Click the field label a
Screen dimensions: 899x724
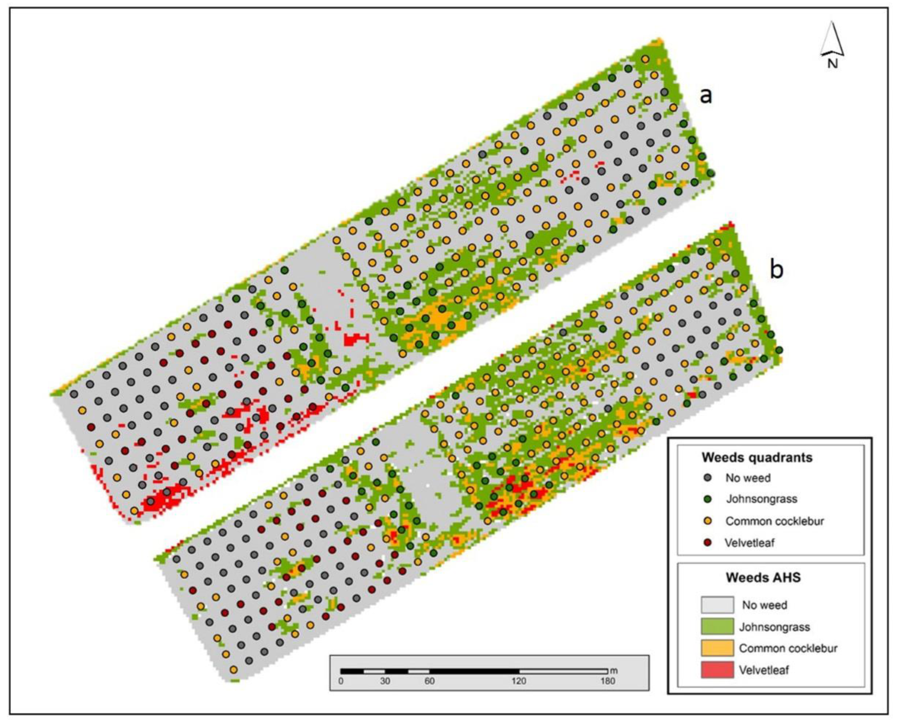[x=706, y=96]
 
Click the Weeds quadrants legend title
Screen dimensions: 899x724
[x=757, y=457]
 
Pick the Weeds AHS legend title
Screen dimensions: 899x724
[x=763, y=577]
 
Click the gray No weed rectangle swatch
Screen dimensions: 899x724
[x=717, y=605]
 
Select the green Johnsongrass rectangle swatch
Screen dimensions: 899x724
[x=717, y=626]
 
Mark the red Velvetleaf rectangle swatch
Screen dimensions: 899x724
[x=717, y=670]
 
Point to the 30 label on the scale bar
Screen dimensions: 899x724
[x=385, y=681]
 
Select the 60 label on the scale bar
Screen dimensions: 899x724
[x=429, y=681]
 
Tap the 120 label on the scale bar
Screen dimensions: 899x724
[x=519, y=681]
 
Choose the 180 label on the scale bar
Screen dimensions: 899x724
[x=608, y=681]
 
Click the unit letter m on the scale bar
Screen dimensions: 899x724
[x=614, y=671]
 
